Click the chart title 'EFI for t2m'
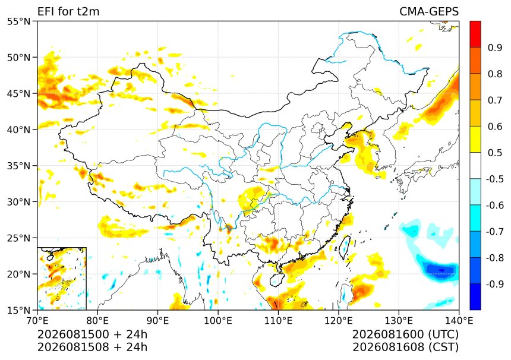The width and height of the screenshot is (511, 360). (68, 11)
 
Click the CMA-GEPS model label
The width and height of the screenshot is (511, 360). (429, 11)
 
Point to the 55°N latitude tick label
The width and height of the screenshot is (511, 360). (18, 22)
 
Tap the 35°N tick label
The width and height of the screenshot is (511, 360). (18, 166)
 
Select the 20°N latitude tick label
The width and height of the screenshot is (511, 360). (18, 274)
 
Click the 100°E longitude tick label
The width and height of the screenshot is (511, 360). (218, 321)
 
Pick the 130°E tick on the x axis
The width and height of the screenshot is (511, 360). (399, 321)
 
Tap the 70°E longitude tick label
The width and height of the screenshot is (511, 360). (37, 321)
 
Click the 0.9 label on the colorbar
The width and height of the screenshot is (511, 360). (495, 48)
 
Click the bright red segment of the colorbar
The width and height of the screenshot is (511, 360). (475, 34)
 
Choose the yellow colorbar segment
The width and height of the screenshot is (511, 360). (475, 140)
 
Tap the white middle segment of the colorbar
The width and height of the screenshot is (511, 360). (475, 166)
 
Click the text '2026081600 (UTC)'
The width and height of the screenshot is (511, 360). (405, 334)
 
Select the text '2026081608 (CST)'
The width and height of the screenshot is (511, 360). (405, 347)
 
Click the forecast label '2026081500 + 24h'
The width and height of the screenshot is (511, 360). (92, 334)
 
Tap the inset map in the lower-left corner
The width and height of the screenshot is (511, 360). (62, 279)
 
